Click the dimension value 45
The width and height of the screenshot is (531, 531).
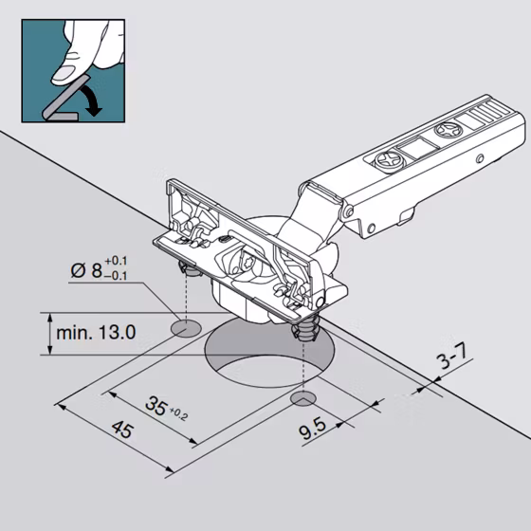[122, 429]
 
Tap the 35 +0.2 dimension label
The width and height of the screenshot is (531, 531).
[166, 408]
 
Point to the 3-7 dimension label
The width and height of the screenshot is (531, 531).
[452, 356]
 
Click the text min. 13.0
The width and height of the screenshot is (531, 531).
[96, 333]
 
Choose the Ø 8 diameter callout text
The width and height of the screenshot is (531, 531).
[99, 268]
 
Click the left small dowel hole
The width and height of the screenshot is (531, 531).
[186, 328]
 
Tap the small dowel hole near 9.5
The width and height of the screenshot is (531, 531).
[303, 398]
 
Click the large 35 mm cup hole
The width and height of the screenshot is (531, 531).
[269, 354]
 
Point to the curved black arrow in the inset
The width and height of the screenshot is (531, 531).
[92, 99]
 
